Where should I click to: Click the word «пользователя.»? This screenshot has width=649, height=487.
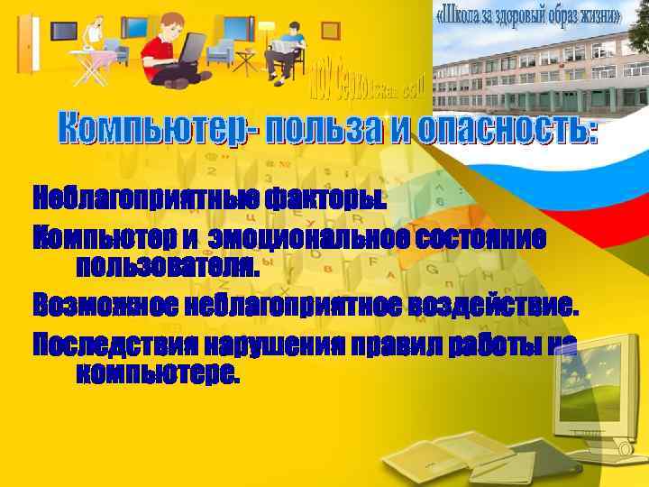coord(168,266)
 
